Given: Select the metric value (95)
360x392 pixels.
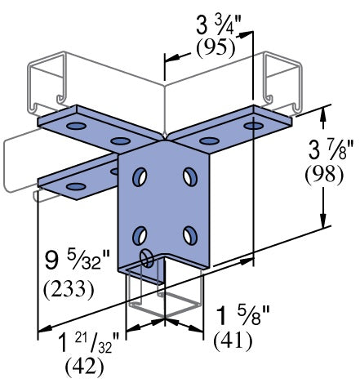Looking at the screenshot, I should coord(216,47).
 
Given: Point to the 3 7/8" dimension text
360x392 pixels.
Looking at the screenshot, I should coord(325,151).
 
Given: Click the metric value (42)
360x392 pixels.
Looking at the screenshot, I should coord(85,367).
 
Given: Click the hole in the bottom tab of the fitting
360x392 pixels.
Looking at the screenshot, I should coord(148,259).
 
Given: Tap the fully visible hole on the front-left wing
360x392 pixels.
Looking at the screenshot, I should coord(76,187).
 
